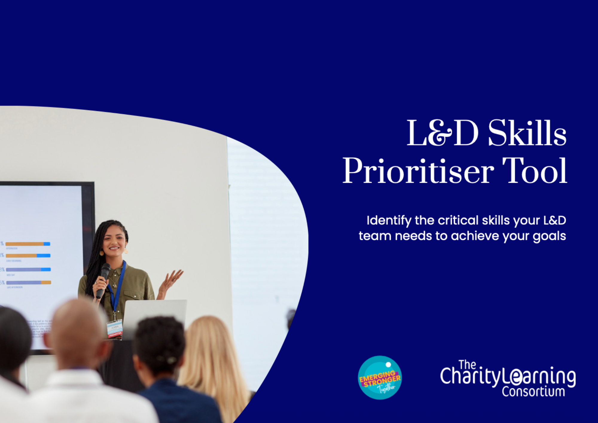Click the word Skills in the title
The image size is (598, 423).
(x=527, y=133)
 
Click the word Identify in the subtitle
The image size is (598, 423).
(x=389, y=221)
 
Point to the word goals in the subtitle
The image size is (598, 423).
(x=549, y=236)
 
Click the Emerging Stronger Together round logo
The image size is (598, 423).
(x=380, y=378)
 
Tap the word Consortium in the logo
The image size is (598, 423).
(x=533, y=392)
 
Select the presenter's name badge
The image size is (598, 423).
(x=115, y=328)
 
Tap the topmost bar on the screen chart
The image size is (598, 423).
(x=28, y=244)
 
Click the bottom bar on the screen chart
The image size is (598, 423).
(x=29, y=282)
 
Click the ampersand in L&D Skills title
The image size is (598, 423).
(x=440, y=133)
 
